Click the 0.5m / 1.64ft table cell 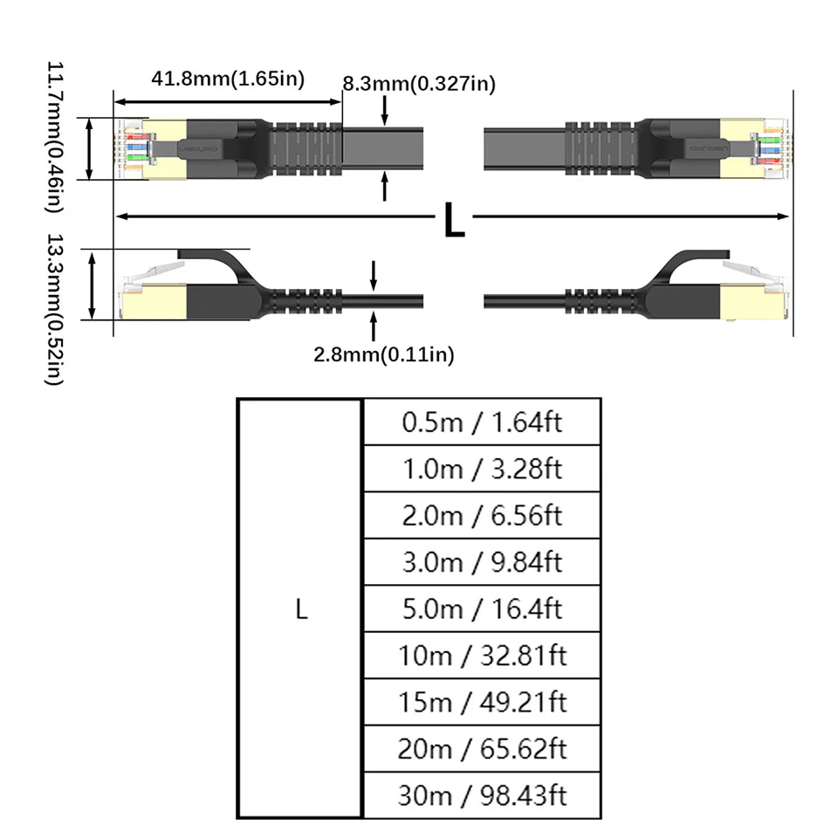[x=482, y=422]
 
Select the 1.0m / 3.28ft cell [x=482, y=469]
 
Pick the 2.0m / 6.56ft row [x=482, y=515]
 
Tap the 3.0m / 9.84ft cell [x=482, y=562]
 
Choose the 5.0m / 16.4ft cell [x=482, y=608]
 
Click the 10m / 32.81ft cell [x=482, y=656]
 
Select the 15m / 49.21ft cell [x=482, y=702]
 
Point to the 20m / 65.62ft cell [x=482, y=749]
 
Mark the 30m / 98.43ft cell [x=482, y=795]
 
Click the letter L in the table [x=301, y=609]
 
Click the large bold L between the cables [x=454, y=222]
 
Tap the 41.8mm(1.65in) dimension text [x=228, y=79]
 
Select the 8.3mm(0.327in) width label [x=419, y=84]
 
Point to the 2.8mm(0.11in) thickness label [x=384, y=354]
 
